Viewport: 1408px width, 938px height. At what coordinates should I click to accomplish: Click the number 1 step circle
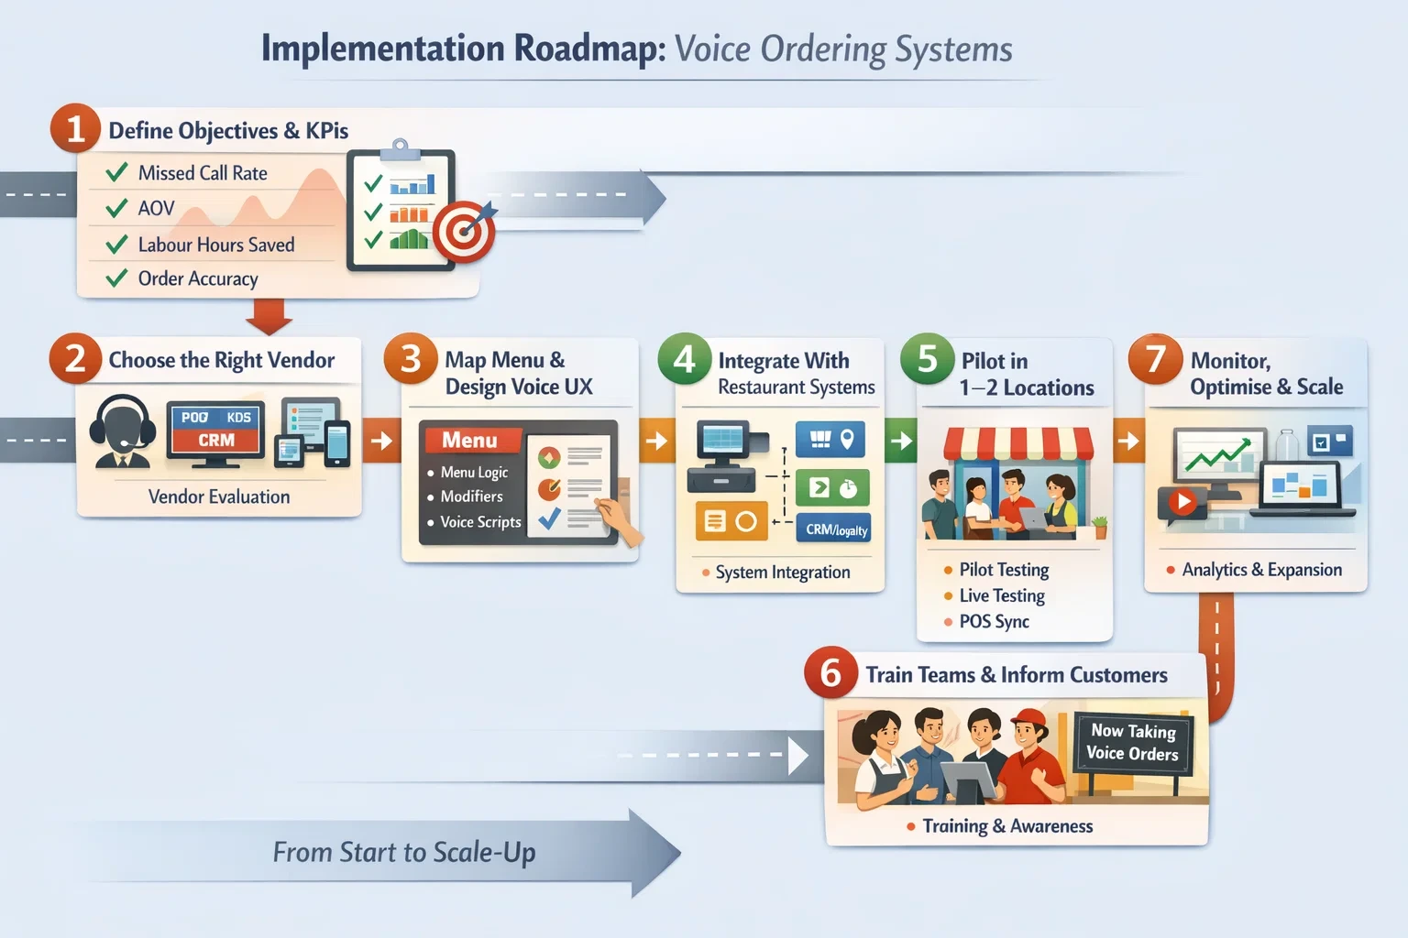(x=75, y=128)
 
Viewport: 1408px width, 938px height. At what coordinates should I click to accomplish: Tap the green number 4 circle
(x=684, y=359)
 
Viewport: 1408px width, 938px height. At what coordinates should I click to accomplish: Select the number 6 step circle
(x=830, y=673)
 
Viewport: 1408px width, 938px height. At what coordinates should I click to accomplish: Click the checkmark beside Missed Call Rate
(x=116, y=173)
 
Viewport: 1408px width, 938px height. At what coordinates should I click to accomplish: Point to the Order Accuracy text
(x=197, y=278)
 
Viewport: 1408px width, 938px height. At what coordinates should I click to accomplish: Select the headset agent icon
(x=122, y=431)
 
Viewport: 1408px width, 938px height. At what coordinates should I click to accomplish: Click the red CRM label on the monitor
(x=216, y=441)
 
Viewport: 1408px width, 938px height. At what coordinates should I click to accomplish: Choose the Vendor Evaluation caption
(x=219, y=496)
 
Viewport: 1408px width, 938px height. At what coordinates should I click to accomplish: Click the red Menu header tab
(x=469, y=441)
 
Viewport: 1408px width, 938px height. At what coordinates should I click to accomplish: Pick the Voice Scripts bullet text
(x=480, y=522)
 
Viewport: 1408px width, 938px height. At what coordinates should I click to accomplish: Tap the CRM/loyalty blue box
(x=836, y=529)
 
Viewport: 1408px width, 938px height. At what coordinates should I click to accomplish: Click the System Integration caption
(x=782, y=573)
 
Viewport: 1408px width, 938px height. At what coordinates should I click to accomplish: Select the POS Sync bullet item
(x=994, y=622)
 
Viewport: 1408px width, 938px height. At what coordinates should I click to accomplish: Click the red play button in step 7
(x=1182, y=502)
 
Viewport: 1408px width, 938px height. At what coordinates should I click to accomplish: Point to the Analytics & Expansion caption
(x=1261, y=570)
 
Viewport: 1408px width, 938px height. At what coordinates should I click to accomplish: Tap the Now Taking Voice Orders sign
(x=1133, y=742)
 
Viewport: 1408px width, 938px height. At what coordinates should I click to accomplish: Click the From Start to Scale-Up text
(x=404, y=852)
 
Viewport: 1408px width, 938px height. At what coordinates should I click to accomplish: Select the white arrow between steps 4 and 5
(x=901, y=441)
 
